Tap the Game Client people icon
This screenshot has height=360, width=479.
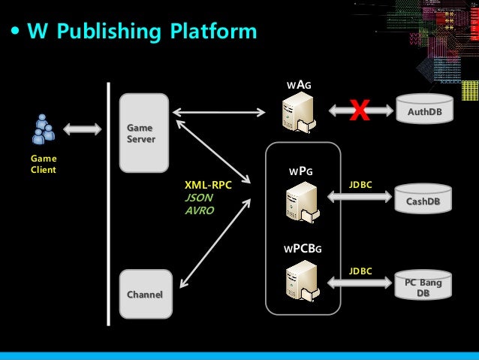[43, 129]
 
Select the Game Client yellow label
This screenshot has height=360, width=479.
[43, 164]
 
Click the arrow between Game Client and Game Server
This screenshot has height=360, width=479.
[83, 129]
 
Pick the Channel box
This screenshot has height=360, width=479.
[144, 294]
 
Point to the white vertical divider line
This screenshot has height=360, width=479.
[110, 203]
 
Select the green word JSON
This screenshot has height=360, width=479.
[199, 198]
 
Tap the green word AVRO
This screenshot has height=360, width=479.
[200, 210]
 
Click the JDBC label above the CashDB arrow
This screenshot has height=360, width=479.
[360, 184]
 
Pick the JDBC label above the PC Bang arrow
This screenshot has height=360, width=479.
[360, 271]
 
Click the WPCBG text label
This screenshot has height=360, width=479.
[303, 247]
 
